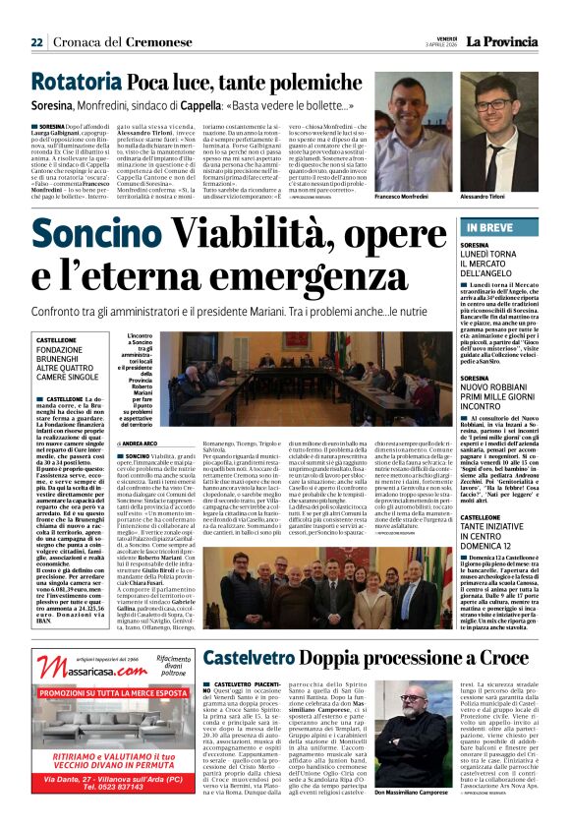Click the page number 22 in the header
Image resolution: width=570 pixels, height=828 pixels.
[35, 41]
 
